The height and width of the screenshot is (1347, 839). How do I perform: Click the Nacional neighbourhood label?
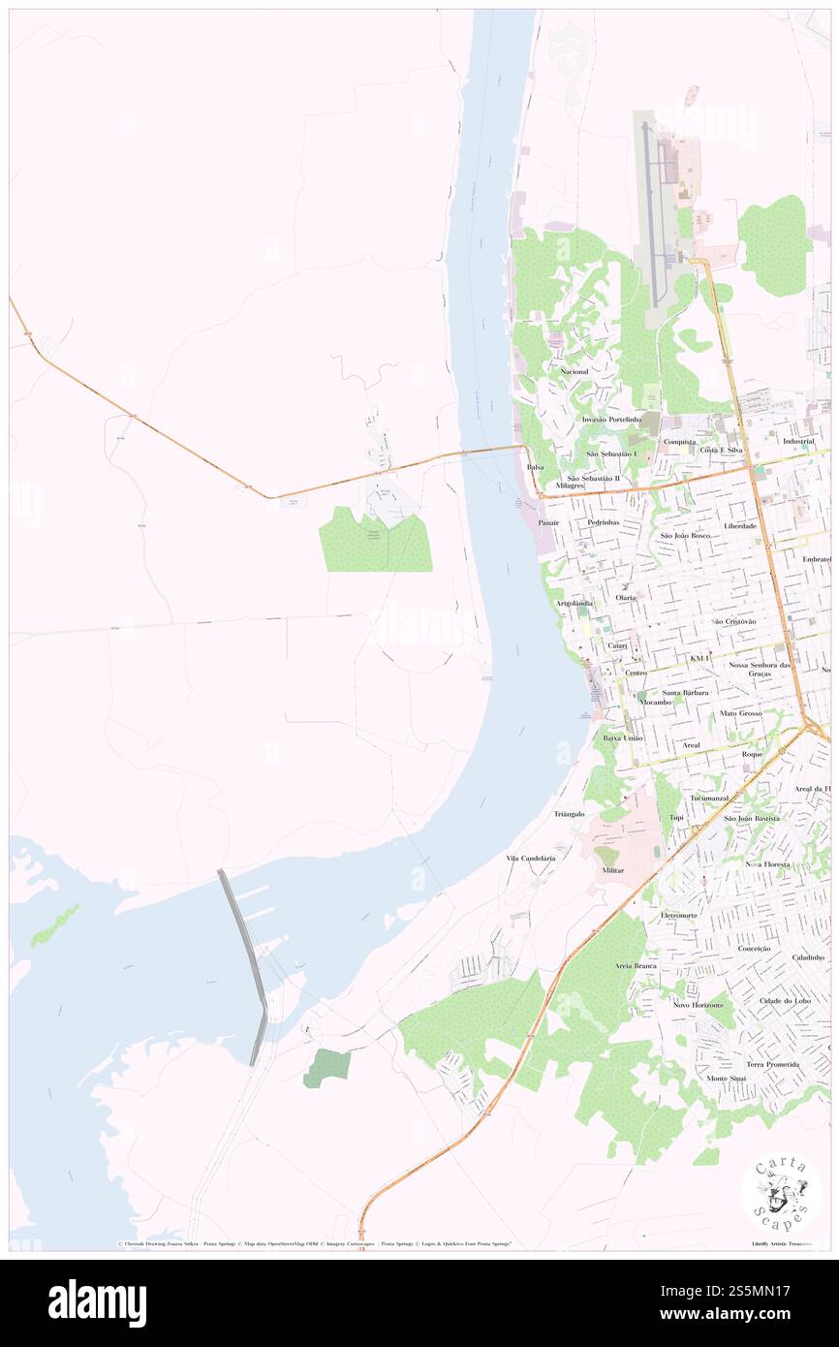(574, 371)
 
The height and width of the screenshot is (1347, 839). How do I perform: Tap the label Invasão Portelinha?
(611, 419)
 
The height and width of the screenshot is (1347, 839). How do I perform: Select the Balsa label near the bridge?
(535, 466)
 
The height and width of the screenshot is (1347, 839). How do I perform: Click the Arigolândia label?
(575, 603)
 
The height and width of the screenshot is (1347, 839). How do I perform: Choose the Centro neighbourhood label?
(636, 673)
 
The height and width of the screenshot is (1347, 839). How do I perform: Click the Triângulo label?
(569, 814)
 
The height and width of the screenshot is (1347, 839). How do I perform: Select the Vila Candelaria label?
(530, 859)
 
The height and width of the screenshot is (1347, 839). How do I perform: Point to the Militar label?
(612, 871)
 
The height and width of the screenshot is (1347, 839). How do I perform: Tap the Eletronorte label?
(678, 915)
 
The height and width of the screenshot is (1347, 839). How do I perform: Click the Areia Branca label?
(636, 966)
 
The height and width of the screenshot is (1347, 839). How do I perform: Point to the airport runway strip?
(649, 208)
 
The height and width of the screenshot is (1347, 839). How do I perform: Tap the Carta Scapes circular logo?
(781, 1192)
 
